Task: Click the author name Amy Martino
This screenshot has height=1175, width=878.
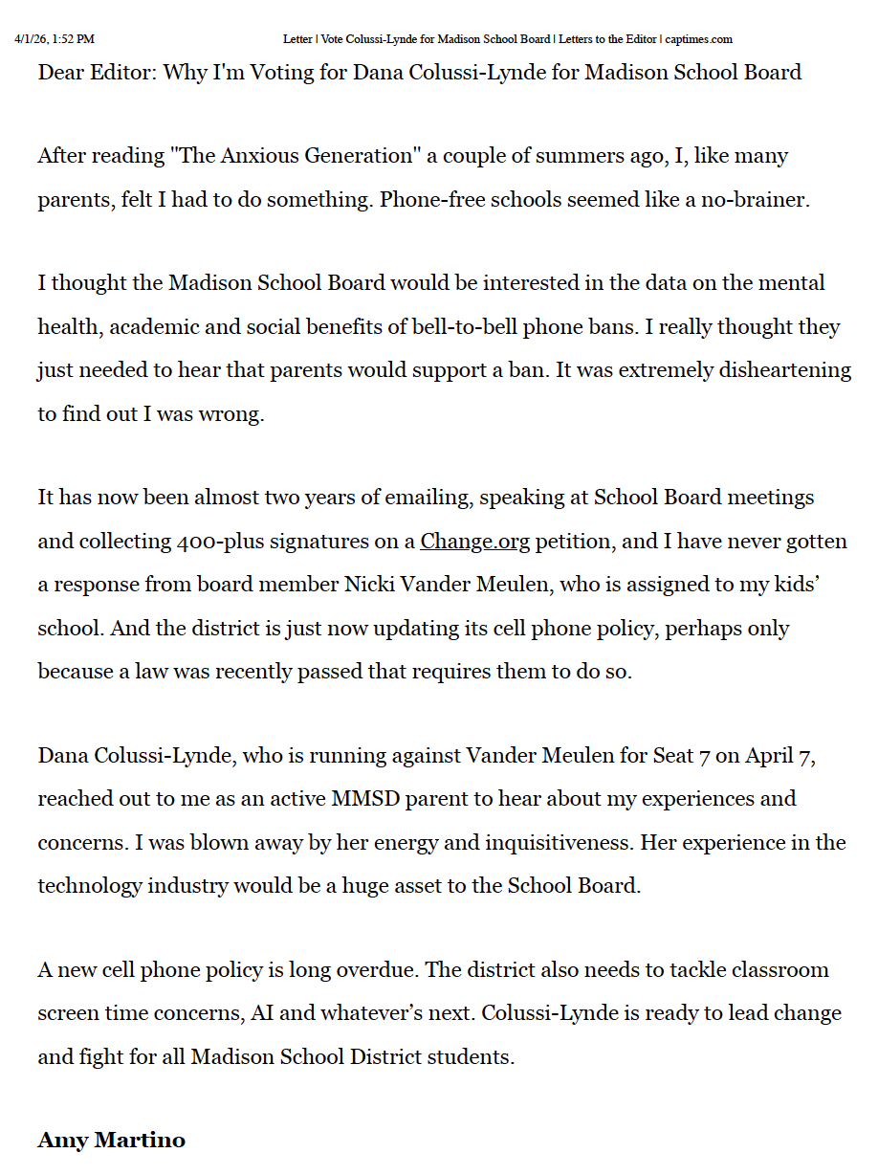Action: tap(111, 1140)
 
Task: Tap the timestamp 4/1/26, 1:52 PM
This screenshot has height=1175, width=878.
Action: tap(55, 39)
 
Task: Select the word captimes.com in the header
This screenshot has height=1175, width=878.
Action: tap(699, 39)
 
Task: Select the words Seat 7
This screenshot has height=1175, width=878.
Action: tap(681, 756)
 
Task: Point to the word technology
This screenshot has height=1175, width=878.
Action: tap(93, 886)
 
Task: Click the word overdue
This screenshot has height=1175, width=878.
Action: tap(378, 970)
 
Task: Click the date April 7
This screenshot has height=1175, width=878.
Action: tap(778, 756)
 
